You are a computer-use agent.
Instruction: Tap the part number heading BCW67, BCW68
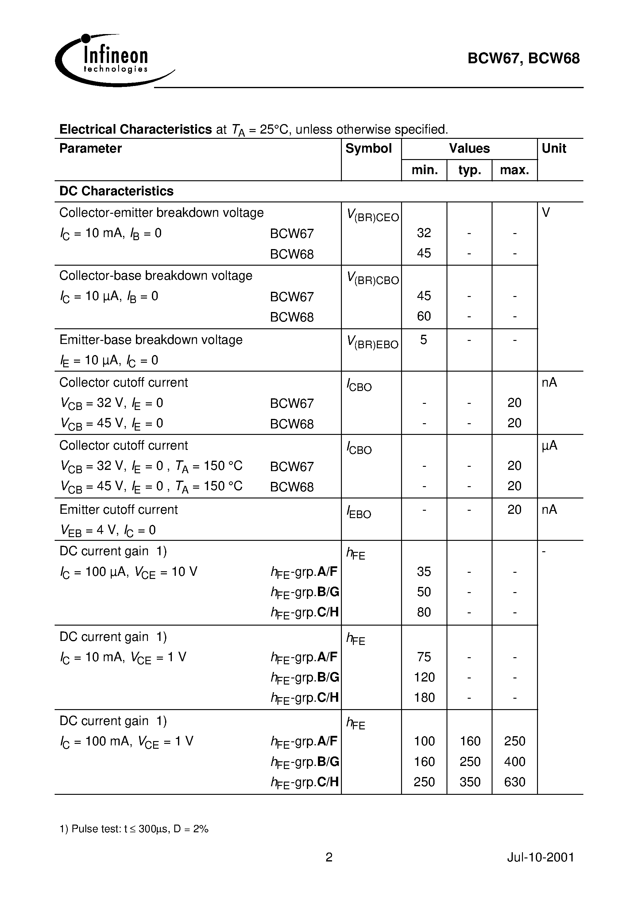(524, 59)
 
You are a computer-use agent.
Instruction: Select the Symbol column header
(368, 149)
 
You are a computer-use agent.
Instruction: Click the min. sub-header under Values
(424, 170)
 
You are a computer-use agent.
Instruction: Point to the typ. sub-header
(470, 170)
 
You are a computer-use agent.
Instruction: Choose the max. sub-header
(514, 170)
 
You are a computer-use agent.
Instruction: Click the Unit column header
(554, 149)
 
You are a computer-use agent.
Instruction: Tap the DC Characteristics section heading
(116, 191)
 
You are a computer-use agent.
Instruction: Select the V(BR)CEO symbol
(373, 216)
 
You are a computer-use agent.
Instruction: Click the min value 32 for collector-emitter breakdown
(424, 233)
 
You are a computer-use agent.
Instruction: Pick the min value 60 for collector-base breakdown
(424, 316)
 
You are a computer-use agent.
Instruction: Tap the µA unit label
(549, 446)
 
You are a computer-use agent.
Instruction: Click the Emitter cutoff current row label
(118, 510)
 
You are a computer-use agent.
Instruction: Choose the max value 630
(514, 782)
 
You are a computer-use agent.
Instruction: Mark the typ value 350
(470, 782)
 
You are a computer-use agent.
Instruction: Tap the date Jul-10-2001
(540, 858)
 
